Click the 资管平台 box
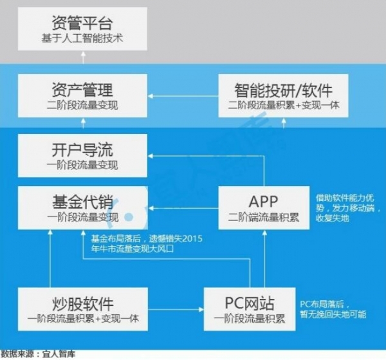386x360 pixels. coord(83,29)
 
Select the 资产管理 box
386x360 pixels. coord(83,95)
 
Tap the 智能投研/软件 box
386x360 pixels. coord(283,95)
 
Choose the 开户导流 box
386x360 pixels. coord(83,155)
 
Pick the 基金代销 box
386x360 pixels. coord(83,208)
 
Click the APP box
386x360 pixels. coord(264,208)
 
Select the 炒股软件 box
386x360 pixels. coord(83,309)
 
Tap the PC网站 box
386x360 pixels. coord(250,309)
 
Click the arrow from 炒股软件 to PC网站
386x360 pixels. coord(176,309)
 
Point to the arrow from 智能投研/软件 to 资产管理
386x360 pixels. coord(183,96)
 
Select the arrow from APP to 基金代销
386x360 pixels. coord(183,209)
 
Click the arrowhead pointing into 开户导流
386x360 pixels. coord(150,156)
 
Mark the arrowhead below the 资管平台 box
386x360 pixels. coord(83,53)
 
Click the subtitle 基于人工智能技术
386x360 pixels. coord(82,39)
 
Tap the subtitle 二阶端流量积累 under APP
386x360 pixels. coord(264,217)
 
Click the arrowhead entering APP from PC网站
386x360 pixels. coord(265,232)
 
